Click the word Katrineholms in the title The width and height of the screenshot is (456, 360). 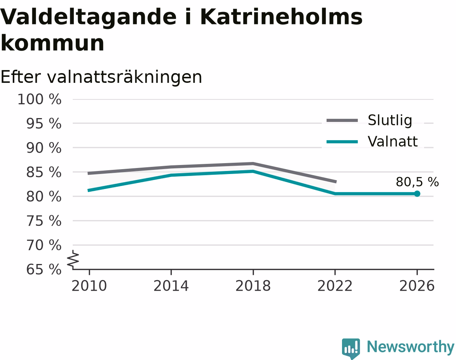point(281,17)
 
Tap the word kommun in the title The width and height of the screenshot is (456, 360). point(52,43)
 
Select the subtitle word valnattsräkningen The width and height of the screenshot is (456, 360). point(124,77)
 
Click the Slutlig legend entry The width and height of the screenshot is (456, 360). point(369,120)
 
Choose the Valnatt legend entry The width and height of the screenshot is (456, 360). point(372,141)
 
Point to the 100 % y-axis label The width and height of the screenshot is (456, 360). point(39,99)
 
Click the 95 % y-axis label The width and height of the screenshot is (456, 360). point(44,123)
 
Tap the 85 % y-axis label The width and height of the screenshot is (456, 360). point(44,172)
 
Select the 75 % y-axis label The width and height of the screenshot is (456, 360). point(44,221)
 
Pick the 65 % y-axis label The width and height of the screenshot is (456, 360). point(44,270)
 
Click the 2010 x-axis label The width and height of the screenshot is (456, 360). point(89,286)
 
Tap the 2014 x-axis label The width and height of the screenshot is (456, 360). point(171,286)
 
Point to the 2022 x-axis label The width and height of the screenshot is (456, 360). point(335,286)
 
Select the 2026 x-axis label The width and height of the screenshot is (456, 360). point(417,286)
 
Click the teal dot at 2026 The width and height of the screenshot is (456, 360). point(417,193)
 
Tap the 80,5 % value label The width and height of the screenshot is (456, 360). point(417,182)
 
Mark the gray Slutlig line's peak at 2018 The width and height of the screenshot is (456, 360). point(253,164)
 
